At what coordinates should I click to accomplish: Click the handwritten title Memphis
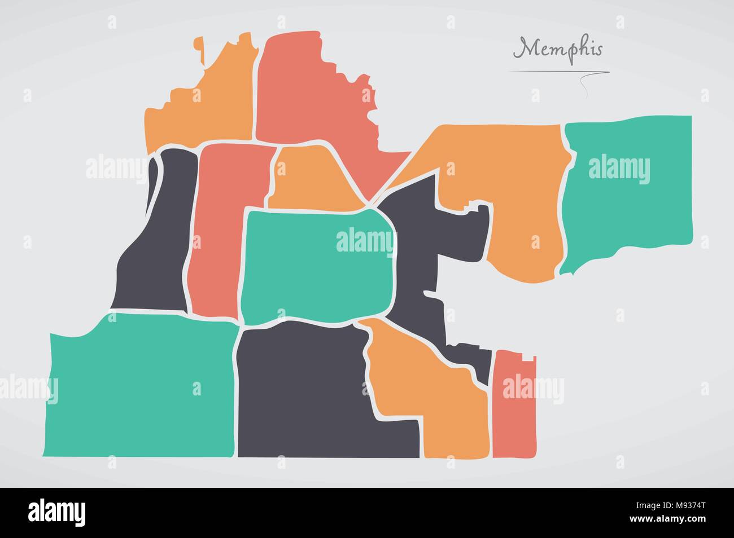click(x=558, y=50)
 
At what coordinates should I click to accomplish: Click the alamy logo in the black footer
click(x=57, y=511)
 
